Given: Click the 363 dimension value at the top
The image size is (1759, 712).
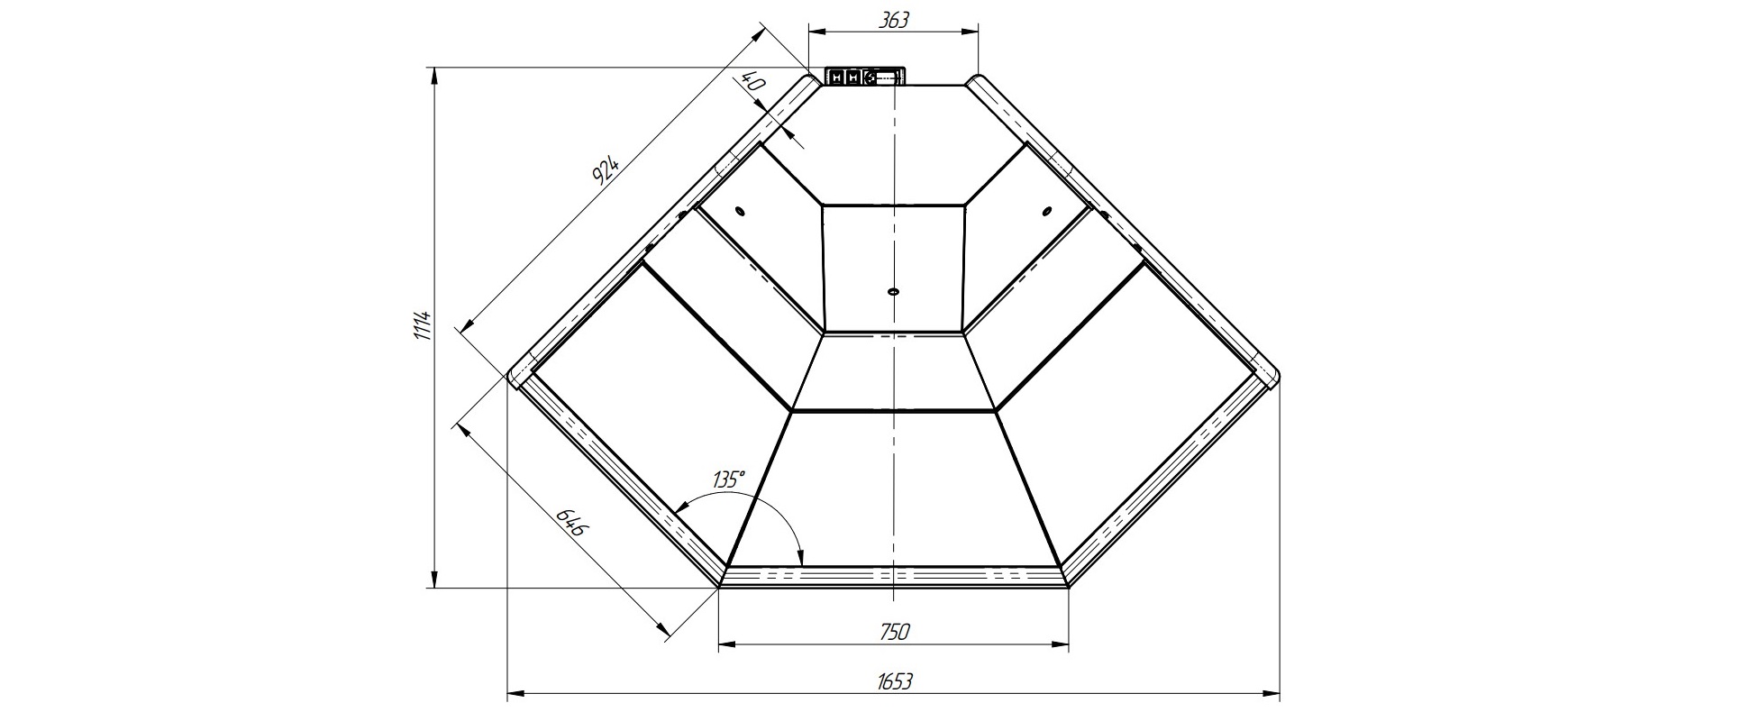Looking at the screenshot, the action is (x=892, y=19).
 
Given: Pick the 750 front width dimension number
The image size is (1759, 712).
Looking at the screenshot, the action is (x=892, y=631).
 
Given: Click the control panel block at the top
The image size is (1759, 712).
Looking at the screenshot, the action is (x=863, y=77).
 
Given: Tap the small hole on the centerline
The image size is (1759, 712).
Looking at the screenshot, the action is (x=893, y=291).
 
